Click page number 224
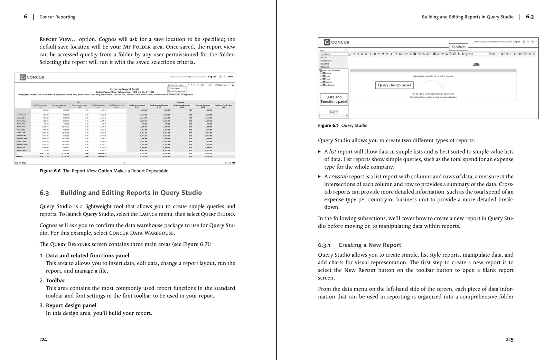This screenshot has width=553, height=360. pos(43,340)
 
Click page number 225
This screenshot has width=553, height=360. pos(509,340)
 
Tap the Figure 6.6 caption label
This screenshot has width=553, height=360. pos(50,171)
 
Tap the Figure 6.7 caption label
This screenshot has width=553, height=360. pos(328,126)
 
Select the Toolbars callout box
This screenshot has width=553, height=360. pos(458,47)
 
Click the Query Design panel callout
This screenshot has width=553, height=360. pos(394,85)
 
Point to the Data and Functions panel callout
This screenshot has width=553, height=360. pos(334,100)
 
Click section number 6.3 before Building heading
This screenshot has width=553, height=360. pos(44,193)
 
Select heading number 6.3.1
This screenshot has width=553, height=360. pos(324,245)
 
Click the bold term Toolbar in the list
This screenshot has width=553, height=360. pos(55,281)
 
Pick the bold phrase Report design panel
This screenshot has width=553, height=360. pos(71,305)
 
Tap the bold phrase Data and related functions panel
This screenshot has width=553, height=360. pos(87,256)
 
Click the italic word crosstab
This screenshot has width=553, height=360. pos(338,177)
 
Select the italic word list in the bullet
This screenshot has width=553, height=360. pos(332,152)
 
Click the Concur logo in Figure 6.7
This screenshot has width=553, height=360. pos(337,42)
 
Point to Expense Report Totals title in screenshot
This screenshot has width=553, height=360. pos(124,89)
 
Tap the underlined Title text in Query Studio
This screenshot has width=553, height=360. pos(476,64)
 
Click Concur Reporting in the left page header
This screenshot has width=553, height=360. pos(57,17)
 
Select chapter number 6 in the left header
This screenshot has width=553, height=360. pos(25,17)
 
